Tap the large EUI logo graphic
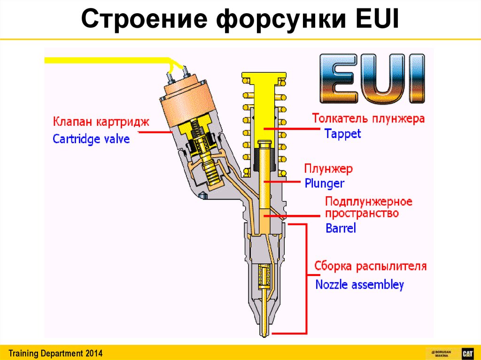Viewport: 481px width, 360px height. coord(372,79)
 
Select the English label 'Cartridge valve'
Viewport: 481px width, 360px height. coord(91,139)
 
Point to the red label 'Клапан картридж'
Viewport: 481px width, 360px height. coord(101,122)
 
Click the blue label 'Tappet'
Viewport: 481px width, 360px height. coord(343,134)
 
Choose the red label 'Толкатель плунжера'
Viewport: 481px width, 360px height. coord(368,118)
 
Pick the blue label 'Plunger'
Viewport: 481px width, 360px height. coord(324,183)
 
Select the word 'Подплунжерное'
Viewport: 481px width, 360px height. coord(369,202)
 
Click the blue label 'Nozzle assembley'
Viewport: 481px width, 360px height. coord(359,284)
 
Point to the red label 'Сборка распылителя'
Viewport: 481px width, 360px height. coord(371,267)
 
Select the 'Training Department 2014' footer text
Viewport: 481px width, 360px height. coord(55,353)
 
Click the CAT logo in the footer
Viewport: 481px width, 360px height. coord(467,353)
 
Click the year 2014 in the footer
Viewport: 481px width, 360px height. coord(93,353)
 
